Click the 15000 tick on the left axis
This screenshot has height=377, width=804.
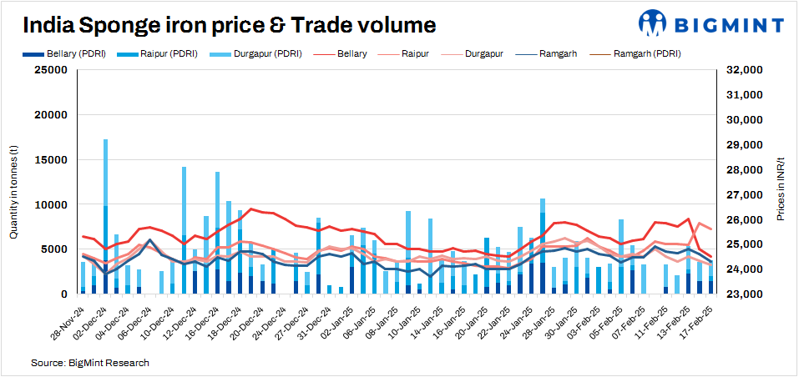[49, 159]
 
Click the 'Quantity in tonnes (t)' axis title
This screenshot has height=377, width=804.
[14, 182]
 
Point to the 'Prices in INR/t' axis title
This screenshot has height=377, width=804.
[781, 182]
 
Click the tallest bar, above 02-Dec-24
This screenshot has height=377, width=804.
[105, 217]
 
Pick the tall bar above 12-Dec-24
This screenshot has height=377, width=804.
[184, 230]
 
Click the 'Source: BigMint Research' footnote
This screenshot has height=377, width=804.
[90, 363]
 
